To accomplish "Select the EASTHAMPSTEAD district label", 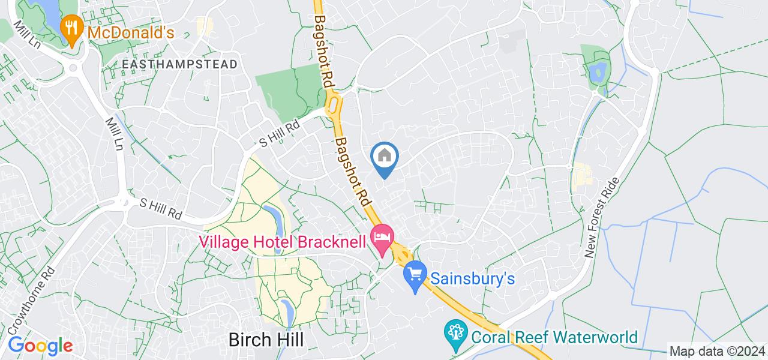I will [179, 64].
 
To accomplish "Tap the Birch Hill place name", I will [266, 340].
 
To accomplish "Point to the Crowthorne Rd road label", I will [41, 298].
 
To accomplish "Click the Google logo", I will [40, 346].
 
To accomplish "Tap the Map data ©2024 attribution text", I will [717, 352].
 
